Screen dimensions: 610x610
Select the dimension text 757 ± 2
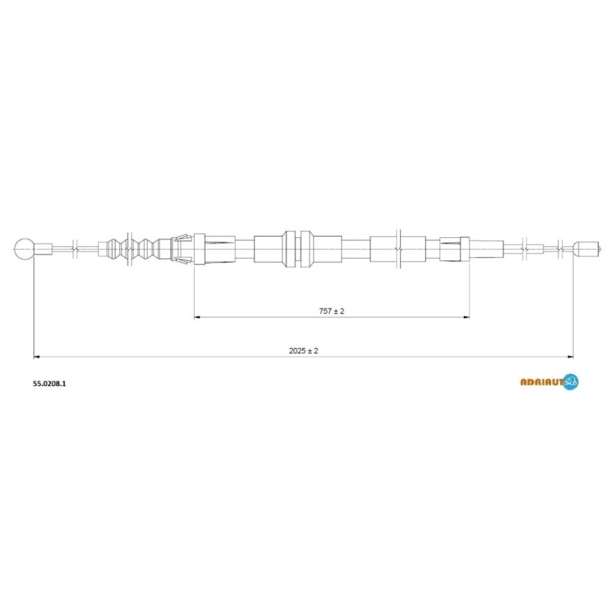[x=331, y=311]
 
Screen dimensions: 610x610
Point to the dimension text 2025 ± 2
[x=303, y=351]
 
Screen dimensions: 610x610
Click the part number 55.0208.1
[x=49, y=383]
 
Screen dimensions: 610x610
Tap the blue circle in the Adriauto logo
[x=571, y=382]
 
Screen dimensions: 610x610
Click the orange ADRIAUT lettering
[x=542, y=382]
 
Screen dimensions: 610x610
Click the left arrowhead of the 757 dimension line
[x=197, y=317]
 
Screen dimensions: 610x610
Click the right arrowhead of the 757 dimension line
[x=467, y=317]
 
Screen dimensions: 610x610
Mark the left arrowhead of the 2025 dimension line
[x=37, y=357]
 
